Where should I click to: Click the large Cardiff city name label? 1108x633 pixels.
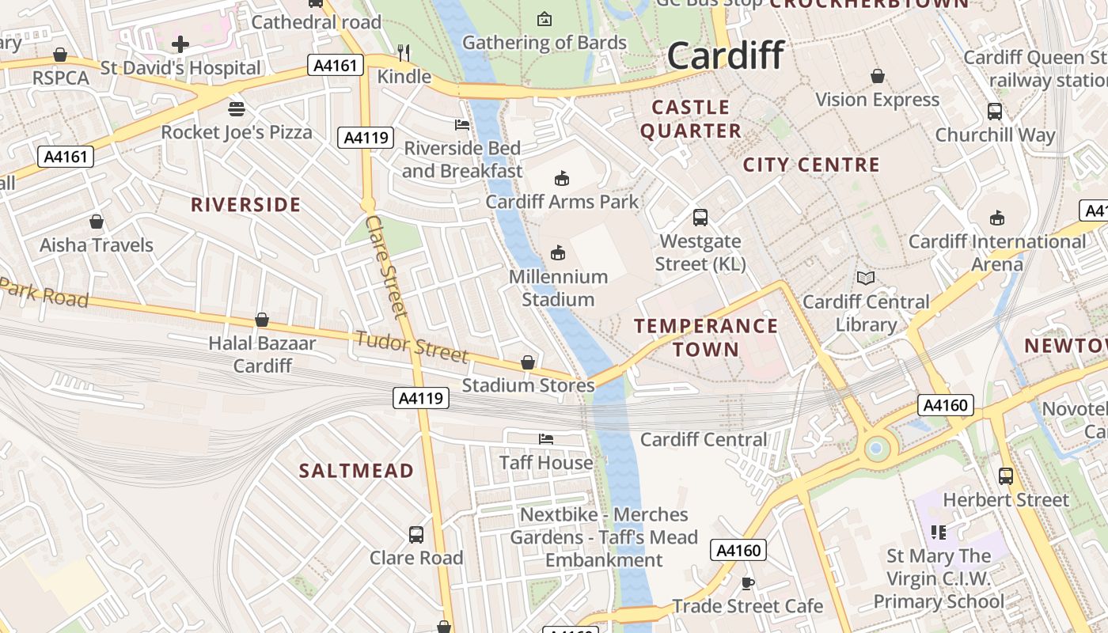click(725, 55)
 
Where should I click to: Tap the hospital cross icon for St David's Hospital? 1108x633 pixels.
click(180, 44)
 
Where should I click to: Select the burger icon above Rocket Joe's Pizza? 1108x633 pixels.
click(236, 108)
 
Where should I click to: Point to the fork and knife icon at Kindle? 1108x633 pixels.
click(404, 53)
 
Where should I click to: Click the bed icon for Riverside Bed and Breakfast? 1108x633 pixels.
click(462, 124)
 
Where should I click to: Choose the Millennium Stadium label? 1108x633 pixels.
click(558, 288)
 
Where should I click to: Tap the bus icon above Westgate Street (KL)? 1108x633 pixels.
click(700, 218)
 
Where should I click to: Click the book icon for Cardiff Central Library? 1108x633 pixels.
click(866, 278)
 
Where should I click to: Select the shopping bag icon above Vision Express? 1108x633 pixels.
click(877, 76)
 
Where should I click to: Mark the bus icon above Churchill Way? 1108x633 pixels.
click(995, 112)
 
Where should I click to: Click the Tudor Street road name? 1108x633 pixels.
click(412, 347)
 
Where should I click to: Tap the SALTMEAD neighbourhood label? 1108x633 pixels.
click(356, 471)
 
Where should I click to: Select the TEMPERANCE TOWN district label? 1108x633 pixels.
click(706, 337)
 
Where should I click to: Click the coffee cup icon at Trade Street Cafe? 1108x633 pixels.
click(747, 583)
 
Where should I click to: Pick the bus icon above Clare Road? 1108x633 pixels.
click(416, 534)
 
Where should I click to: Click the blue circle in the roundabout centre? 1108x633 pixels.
click(875, 449)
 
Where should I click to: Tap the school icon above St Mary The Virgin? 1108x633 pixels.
click(938, 533)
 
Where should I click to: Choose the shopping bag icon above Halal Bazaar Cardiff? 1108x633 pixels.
click(261, 320)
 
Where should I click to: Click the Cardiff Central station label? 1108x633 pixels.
click(704, 439)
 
